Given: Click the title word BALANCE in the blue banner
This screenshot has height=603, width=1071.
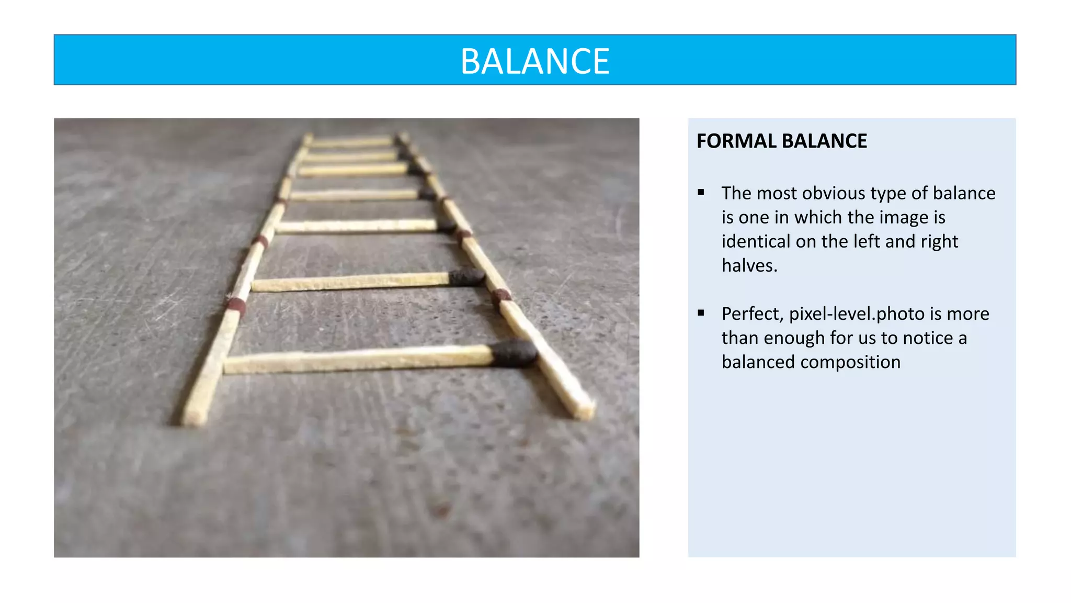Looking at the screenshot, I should click(534, 61).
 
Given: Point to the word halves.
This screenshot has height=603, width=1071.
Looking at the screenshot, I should click(749, 266).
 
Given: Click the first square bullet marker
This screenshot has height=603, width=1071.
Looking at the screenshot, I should click(701, 193).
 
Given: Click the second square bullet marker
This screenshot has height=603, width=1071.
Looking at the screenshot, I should click(701, 313).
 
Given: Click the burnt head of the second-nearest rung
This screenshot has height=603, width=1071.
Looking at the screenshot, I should click(466, 277).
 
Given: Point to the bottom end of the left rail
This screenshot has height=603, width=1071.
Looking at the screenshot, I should click(193, 416).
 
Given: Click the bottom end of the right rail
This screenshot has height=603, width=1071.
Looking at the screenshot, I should click(583, 411).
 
